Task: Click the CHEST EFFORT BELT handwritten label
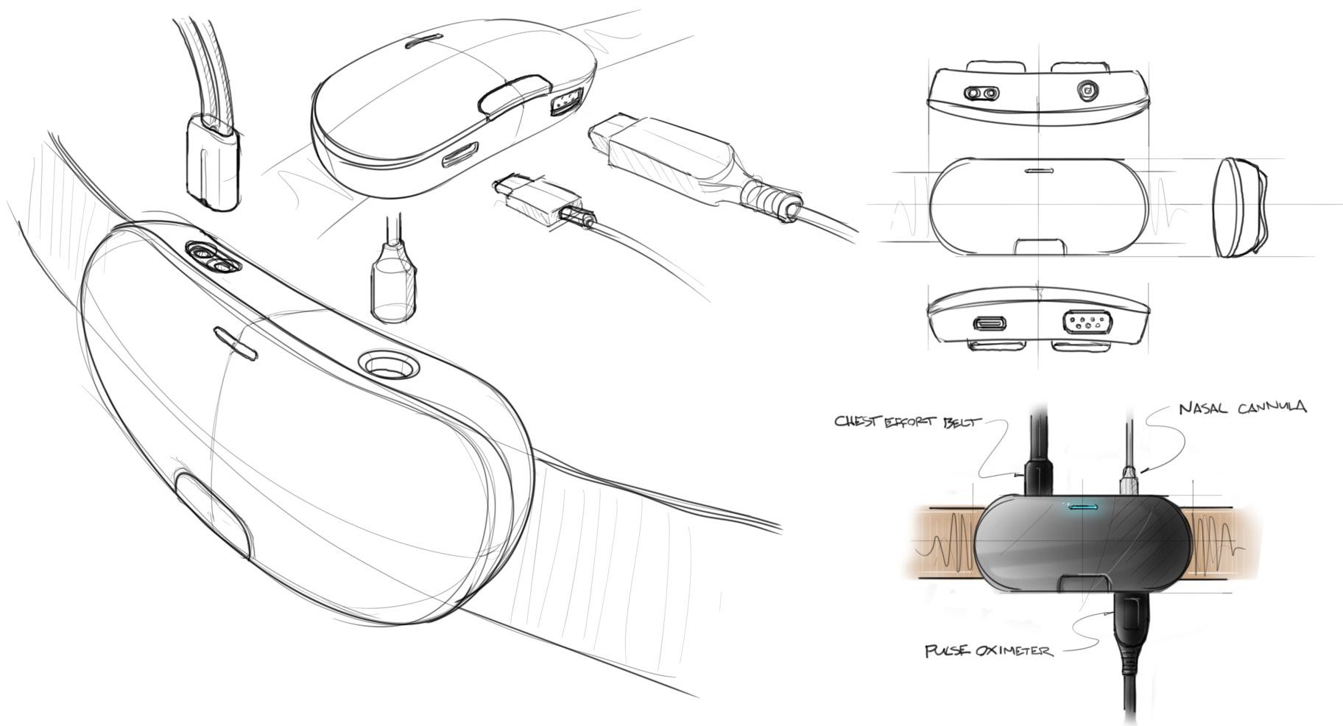point(908,422)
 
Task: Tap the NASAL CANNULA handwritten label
point(1242,407)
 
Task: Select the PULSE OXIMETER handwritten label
point(989,651)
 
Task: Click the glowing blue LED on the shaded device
point(1080,507)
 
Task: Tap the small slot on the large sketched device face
point(236,344)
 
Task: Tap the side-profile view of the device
point(1240,208)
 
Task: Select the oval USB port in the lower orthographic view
point(993,323)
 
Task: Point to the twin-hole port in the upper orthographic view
point(982,94)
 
